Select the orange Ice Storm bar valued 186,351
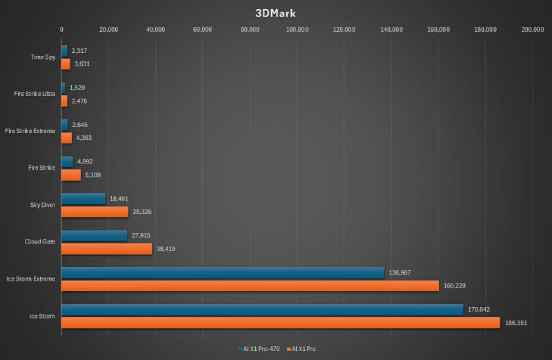coord(280,322)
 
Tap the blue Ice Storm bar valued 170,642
coord(262,310)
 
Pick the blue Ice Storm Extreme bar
coord(222,272)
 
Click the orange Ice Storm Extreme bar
coord(250,285)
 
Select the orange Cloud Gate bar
coord(106,248)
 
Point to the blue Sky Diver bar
coord(83,199)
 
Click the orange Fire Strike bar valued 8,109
coord(71,174)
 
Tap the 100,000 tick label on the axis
coord(297,30)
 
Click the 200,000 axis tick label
coord(533,30)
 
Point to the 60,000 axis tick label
coord(203,30)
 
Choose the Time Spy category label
coord(43,57)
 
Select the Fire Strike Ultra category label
coord(35,94)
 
